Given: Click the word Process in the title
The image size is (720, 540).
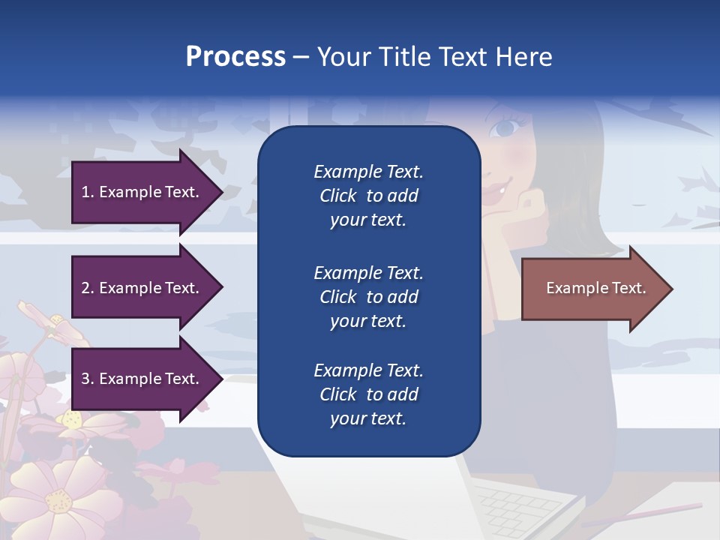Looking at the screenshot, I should [235, 56].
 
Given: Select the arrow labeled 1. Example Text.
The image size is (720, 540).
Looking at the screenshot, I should [142, 192].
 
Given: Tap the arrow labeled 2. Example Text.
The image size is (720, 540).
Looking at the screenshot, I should [142, 288].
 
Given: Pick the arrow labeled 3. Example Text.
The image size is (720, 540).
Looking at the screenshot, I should [142, 379].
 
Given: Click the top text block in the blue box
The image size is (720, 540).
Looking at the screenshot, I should [368, 196].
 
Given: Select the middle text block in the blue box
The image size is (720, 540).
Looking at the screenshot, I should [368, 297].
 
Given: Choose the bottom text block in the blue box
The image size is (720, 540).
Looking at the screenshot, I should [368, 394].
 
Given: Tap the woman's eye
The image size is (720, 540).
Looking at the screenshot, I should [505, 128].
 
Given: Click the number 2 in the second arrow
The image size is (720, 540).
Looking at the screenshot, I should [85, 288].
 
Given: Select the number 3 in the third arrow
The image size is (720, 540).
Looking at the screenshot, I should [85, 379].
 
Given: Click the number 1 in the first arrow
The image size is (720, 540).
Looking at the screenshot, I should [85, 192].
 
